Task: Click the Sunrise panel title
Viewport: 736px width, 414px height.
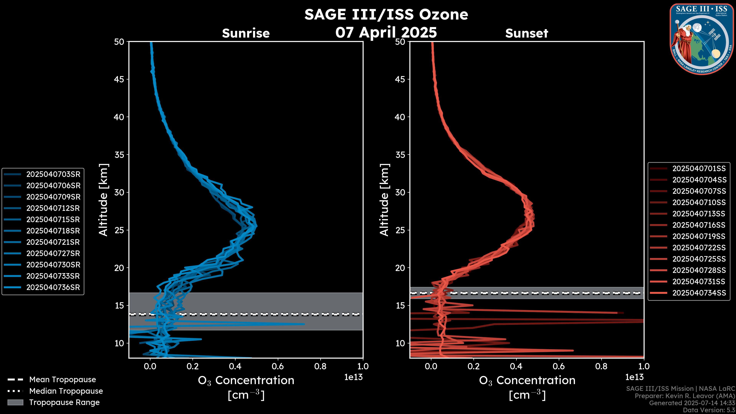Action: click(x=246, y=33)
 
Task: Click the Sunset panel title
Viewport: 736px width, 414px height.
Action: click(x=527, y=33)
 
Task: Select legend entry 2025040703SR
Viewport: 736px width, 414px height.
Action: click(x=53, y=174)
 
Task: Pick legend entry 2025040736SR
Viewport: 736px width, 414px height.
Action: click(x=53, y=287)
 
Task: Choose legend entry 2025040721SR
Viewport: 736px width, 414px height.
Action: click(x=53, y=242)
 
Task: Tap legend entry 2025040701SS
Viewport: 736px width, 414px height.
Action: click(x=699, y=169)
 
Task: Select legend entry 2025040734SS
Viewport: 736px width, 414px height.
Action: click(x=699, y=293)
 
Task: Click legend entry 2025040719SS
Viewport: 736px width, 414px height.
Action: click(x=699, y=236)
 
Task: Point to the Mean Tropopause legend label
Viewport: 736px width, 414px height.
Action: click(x=62, y=380)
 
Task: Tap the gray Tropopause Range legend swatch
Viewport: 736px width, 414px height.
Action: click(x=15, y=402)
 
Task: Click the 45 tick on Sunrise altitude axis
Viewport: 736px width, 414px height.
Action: click(x=119, y=79)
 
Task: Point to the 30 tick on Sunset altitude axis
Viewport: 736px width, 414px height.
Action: click(x=400, y=192)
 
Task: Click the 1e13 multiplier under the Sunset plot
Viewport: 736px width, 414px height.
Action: click(x=634, y=377)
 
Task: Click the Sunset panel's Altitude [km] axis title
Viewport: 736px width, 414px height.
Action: click(x=384, y=200)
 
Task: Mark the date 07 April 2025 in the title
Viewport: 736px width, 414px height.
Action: click(x=386, y=32)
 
